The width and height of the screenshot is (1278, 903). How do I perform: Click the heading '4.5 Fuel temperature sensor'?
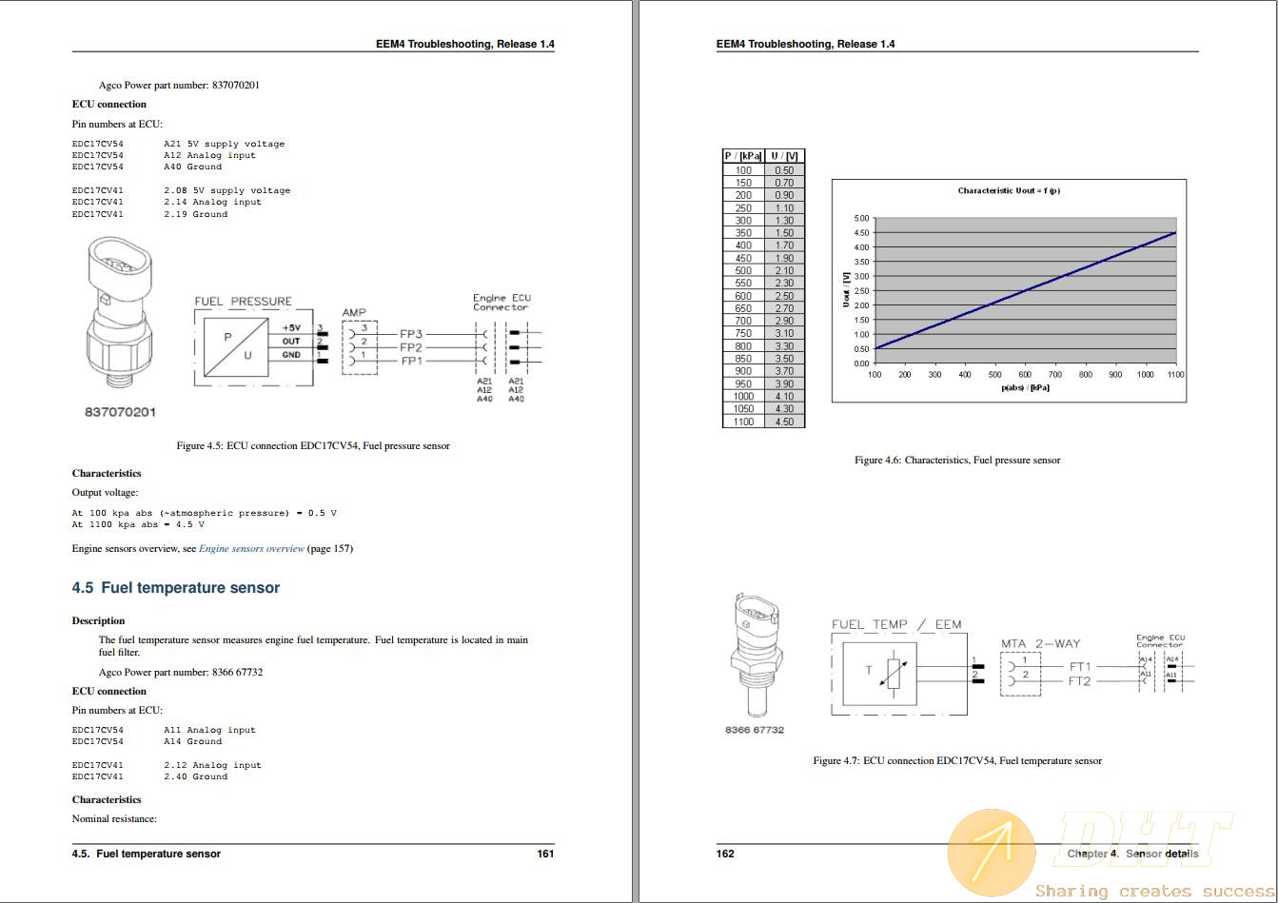(x=176, y=588)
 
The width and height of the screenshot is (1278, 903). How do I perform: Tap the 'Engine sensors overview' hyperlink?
(x=251, y=548)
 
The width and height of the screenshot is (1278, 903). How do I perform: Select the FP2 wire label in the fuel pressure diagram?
(x=411, y=347)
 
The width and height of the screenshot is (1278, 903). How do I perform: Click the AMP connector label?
(x=354, y=312)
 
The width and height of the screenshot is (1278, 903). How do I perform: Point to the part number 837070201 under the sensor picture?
(x=120, y=412)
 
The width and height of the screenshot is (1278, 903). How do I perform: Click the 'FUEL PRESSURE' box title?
(x=244, y=302)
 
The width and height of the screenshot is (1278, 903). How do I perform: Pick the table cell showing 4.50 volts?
(x=783, y=422)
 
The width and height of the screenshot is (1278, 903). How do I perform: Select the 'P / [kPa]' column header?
(x=742, y=156)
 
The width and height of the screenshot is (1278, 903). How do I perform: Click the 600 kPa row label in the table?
(x=742, y=296)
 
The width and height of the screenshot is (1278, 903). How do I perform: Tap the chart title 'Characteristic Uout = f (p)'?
(x=1009, y=190)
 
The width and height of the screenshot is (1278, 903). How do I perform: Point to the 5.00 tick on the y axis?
(x=860, y=219)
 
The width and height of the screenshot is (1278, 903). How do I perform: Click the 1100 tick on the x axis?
(x=1175, y=375)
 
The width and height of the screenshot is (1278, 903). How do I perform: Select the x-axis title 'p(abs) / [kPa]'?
(x=1025, y=388)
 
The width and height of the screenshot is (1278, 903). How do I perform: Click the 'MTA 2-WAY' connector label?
(x=1040, y=644)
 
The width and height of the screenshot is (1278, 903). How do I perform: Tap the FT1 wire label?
(x=1080, y=667)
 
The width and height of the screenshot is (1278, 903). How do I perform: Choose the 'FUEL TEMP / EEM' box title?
(x=896, y=625)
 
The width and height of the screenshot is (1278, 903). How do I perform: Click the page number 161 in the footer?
(x=545, y=854)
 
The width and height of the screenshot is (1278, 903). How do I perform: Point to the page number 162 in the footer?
(x=725, y=854)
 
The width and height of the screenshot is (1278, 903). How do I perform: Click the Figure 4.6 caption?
(x=957, y=461)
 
